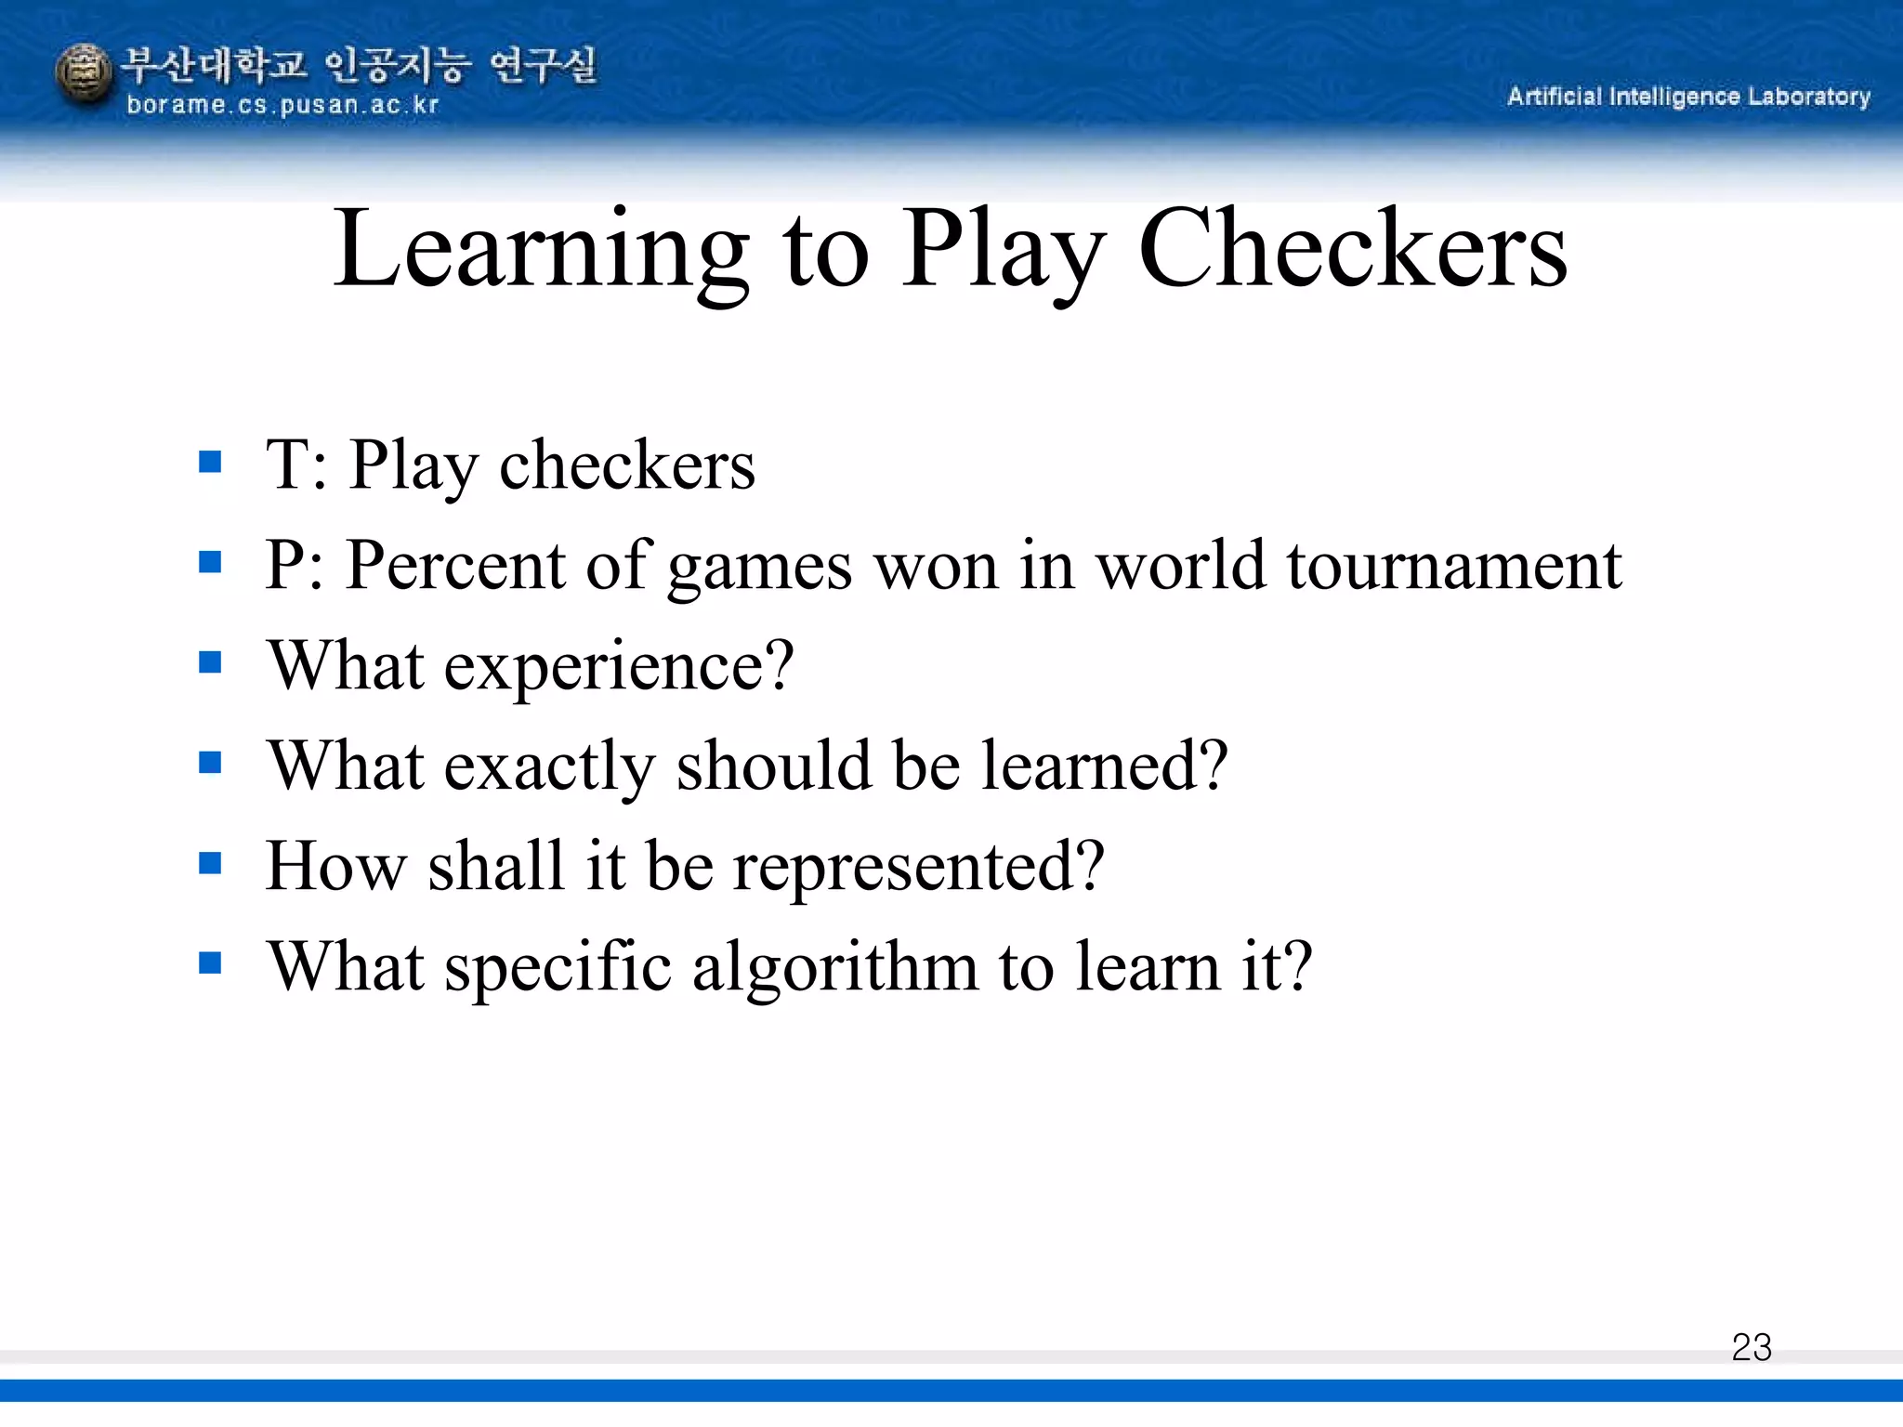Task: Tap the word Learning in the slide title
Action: tap(541, 249)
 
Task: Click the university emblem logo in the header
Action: tap(84, 74)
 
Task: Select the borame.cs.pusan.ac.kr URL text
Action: tap(282, 105)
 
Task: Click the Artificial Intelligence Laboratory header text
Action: tap(1688, 97)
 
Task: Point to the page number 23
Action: tap(1752, 1347)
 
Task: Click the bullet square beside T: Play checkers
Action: tap(211, 462)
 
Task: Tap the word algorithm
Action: tap(835, 966)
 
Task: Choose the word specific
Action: tap(558, 966)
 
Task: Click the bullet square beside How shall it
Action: tap(211, 864)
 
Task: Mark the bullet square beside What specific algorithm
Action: tap(211, 964)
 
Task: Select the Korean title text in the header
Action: tap(359, 65)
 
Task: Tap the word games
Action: tap(759, 567)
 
